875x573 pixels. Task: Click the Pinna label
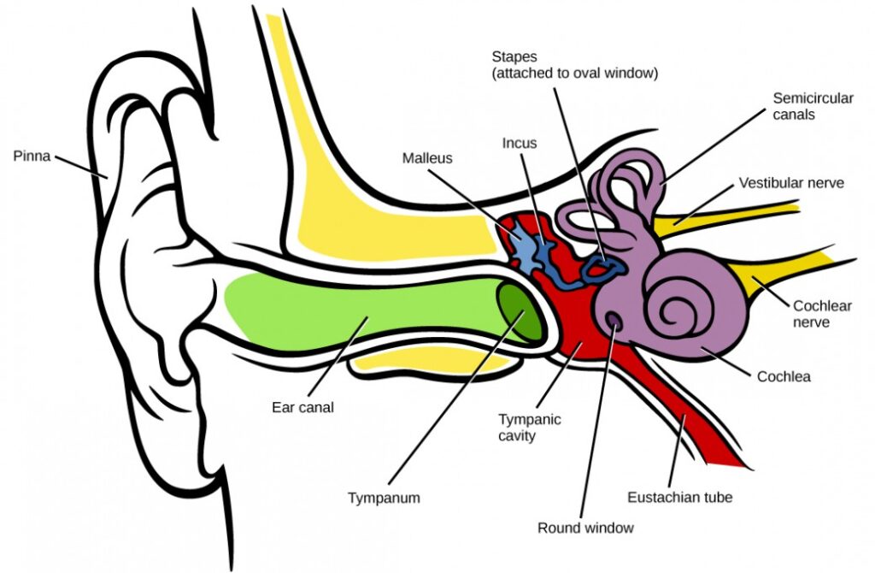32,157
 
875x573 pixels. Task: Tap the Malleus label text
426,158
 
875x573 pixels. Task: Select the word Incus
520,143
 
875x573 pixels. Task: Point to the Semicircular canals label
813,106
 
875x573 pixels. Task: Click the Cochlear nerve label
822,314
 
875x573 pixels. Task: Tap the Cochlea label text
784,375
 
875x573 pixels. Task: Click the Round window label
585,528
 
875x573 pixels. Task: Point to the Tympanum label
385,497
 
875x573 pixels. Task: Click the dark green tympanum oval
520,312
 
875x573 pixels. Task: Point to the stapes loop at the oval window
608,269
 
